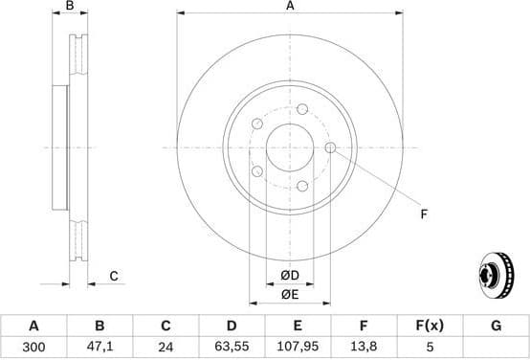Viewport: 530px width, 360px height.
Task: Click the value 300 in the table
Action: click(x=33, y=349)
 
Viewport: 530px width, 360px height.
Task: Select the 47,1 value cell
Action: click(x=99, y=349)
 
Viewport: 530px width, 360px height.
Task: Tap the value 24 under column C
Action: click(x=165, y=349)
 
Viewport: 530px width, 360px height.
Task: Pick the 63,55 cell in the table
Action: click(x=231, y=349)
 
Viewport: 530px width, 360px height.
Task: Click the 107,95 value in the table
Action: click(x=297, y=349)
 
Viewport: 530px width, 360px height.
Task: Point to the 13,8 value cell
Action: click(x=363, y=349)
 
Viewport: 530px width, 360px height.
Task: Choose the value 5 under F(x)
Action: click(x=429, y=349)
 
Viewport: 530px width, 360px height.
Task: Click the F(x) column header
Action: click(x=429, y=326)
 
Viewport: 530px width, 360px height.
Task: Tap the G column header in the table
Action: click(x=496, y=326)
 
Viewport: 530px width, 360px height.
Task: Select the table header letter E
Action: click(x=297, y=326)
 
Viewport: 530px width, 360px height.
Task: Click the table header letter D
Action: click(x=231, y=326)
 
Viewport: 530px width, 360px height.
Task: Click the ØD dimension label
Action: click(x=290, y=277)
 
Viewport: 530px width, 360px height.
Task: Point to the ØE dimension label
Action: click(x=290, y=294)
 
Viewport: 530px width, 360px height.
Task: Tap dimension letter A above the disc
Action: click(x=290, y=7)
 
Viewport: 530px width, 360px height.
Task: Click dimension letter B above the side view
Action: click(x=69, y=7)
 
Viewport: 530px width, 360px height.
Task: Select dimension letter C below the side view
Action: click(x=113, y=277)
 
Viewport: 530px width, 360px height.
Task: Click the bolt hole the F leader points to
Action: click(x=330, y=147)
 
